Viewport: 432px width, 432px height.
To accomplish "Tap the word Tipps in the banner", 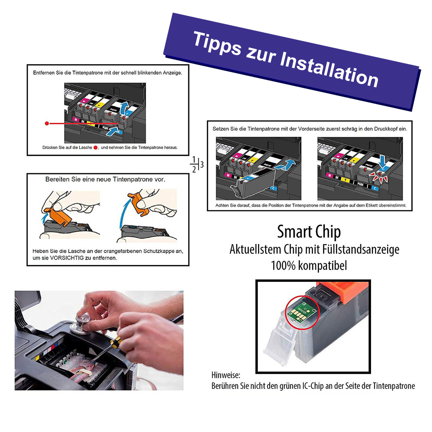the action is tap(217, 43).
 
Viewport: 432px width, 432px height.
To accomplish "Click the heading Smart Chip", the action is tap(309, 232).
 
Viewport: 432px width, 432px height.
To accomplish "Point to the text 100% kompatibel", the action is tap(309, 266).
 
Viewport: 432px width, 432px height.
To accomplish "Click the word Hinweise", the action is tap(226, 375).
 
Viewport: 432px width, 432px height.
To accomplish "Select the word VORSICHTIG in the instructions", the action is tap(67, 258).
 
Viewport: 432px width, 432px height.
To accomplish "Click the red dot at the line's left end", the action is tap(47, 123).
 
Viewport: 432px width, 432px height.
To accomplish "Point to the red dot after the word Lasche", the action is tap(95, 147).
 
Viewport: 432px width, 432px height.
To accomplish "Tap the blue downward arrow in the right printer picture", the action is tap(382, 161).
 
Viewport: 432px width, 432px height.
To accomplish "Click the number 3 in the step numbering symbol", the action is tap(202, 164).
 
